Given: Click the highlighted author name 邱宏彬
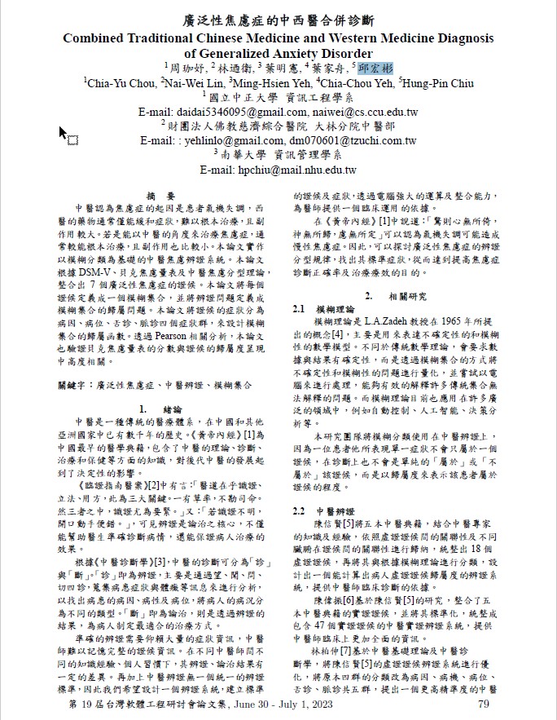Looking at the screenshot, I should click(x=375, y=68).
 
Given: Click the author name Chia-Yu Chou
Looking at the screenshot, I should click(x=120, y=82).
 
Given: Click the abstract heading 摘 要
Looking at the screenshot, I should click(x=160, y=197).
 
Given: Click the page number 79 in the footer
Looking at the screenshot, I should click(x=483, y=704).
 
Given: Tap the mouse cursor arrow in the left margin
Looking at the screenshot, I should click(x=63, y=131).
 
